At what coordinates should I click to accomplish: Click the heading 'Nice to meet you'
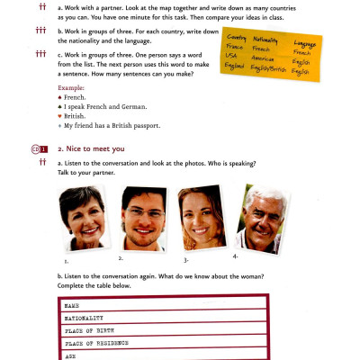94,148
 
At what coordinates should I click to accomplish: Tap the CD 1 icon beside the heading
37,148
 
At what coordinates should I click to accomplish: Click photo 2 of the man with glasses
141,218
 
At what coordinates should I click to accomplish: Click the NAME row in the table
166,306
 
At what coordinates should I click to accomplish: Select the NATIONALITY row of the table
166,319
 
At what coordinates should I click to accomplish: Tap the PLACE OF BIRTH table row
166,330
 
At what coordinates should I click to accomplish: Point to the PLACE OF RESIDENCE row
166,343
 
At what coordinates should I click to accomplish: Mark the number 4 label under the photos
235,256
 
